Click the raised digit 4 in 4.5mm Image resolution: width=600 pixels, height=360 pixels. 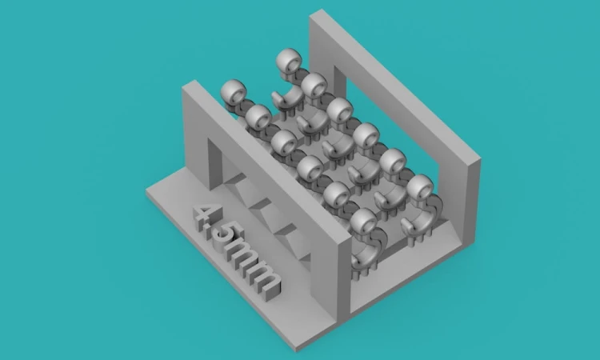click(x=204, y=217)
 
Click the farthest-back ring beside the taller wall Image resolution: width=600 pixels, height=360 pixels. click(x=290, y=61)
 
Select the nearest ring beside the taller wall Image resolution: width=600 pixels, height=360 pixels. click(x=420, y=187)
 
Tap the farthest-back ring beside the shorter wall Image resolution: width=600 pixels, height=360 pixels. click(x=234, y=92)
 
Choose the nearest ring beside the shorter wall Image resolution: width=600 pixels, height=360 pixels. click(x=363, y=221)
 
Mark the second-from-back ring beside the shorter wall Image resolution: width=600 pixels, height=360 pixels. click(x=258, y=117)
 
